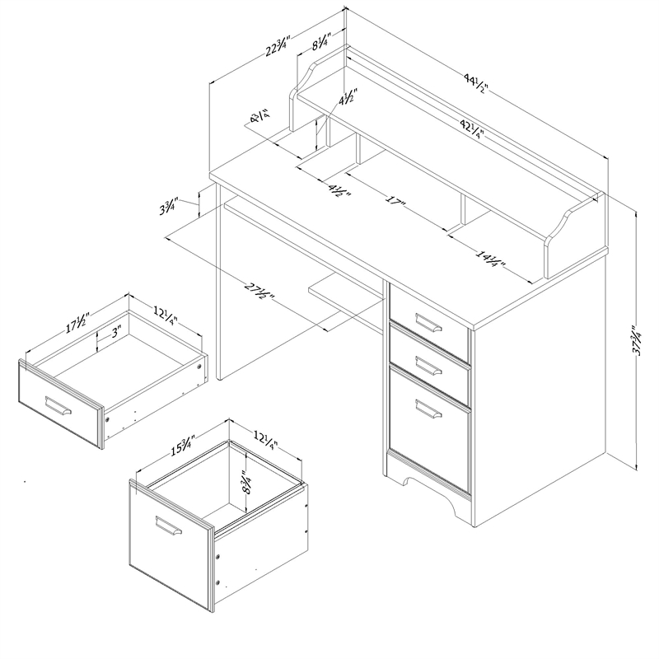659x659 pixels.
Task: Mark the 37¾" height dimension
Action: tap(636, 339)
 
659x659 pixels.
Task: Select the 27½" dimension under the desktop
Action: tap(259, 292)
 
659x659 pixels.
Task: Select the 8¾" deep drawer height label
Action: tap(245, 479)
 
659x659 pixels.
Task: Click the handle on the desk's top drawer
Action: tap(428, 320)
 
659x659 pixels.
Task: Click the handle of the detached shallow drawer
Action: tap(58, 406)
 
